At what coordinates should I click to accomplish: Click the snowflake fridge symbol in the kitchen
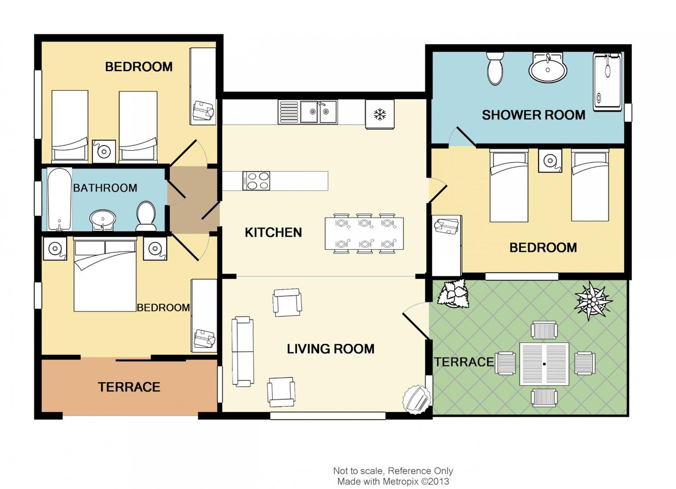click(x=380, y=114)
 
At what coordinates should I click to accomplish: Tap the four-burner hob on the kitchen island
click(x=256, y=181)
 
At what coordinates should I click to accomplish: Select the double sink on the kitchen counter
click(x=319, y=112)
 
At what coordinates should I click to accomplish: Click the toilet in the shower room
click(x=495, y=68)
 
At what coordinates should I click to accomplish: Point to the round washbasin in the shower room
click(x=548, y=68)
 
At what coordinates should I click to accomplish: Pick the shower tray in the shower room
click(x=607, y=82)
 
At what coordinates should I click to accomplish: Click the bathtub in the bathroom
click(x=60, y=199)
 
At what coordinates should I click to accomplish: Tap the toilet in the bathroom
click(x=146, y=216)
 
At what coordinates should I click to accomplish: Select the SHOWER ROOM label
click(x=533, y=115)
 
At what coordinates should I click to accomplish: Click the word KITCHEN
click(x=273, y=232)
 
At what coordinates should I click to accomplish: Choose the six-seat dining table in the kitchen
click(x=364, y=234)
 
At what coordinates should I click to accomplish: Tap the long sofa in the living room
click(x=243, y=352)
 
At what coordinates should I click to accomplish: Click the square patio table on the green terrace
click(x=544, y=364)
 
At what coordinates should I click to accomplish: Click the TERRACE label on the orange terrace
click(x=129, y=387)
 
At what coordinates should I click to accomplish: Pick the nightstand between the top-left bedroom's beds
click(x=104, y=151)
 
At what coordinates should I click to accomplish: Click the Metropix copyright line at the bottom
click(x=393, y=481)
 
